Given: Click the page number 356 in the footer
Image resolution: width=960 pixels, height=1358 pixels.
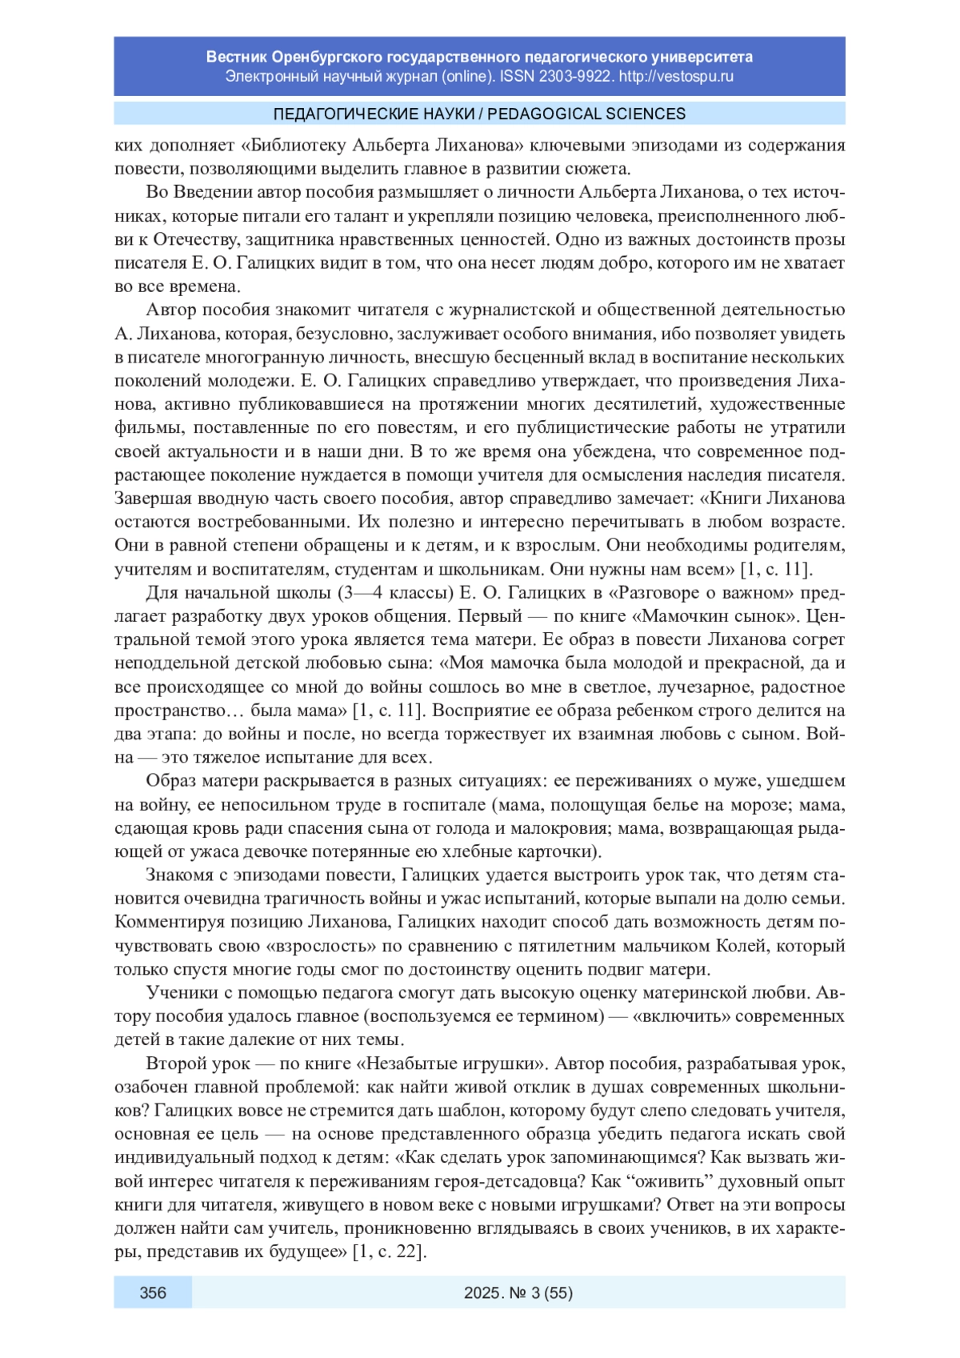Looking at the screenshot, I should (153, 1292).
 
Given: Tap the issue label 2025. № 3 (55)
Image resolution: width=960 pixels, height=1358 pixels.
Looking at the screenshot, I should (518, 1292).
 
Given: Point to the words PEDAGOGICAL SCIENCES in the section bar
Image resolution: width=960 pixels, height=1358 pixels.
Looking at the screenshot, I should (586, 114).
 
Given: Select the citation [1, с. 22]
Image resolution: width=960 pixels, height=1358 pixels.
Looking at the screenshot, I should (389, 1252).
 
